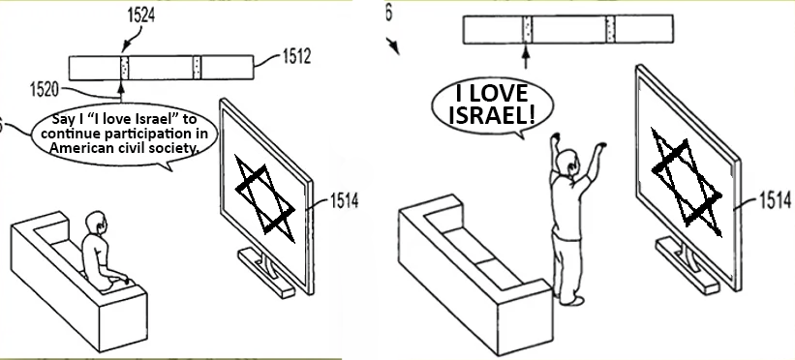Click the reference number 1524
(x=140, y=15)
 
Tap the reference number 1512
(x=296, y=57)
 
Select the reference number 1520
(x=45, y=90)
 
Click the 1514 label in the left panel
(x=345, y=200)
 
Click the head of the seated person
(x=96, y=223)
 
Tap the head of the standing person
(x=566, y=162)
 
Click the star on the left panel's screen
(x=265, y=198)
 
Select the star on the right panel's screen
(x=687, y=183)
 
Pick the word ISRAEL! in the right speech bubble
(x=492, y=115)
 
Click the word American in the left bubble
(x=76, y=147)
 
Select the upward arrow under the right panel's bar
(x=526, y=57)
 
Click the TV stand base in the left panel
(x=266, y=272)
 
